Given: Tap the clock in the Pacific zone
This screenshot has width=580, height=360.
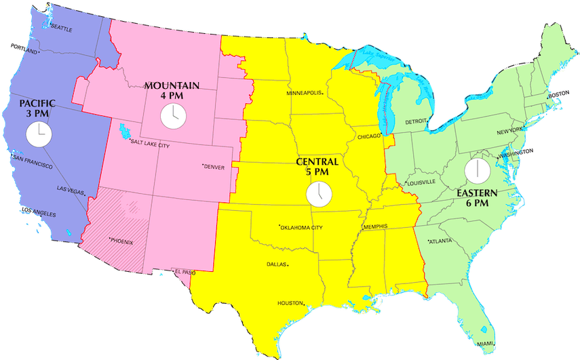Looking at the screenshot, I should [x=39, y=134].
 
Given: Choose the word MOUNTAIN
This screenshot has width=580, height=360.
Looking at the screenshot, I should [x=172, y=86].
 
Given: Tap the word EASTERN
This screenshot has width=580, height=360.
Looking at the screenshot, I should [x=477, y=193].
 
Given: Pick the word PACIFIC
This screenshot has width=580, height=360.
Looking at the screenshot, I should [x=37, y=103].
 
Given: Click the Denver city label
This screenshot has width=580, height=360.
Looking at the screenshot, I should [x=213, y=167].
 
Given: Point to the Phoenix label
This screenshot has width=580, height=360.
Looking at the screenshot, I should [x=123, y=241].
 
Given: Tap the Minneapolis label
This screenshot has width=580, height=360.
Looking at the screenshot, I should [x=307, y=92].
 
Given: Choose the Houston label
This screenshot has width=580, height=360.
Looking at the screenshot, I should [x=290, y=303].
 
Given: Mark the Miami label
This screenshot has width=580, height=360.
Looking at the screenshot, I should [x=485, y=344].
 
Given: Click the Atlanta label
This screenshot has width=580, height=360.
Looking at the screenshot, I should [x=442, y=241].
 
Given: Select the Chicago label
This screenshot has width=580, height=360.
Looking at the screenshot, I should [x=370, y=137].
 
